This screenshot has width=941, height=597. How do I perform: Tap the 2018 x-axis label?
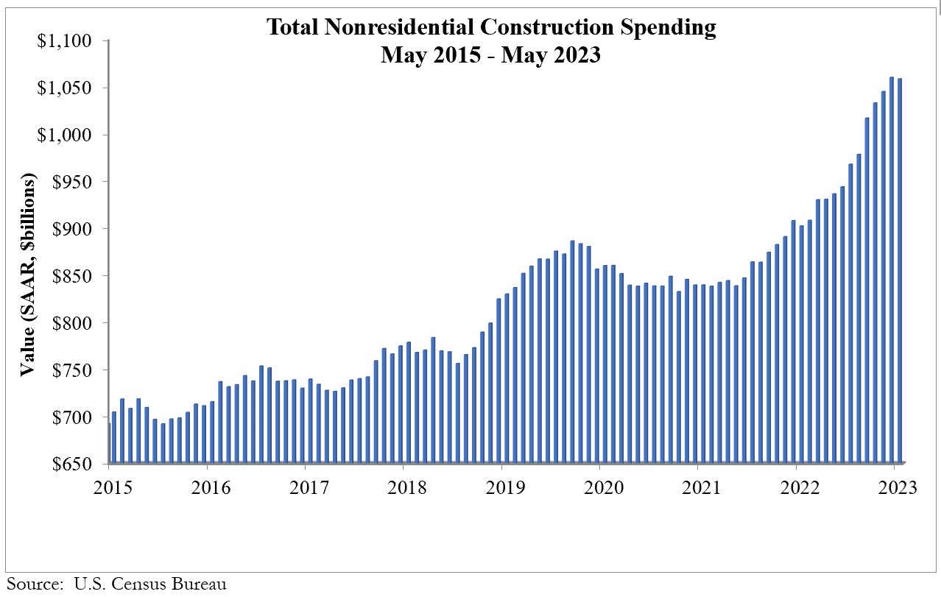[x=403, y=487]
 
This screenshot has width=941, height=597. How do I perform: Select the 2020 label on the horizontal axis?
[x=599, y=487]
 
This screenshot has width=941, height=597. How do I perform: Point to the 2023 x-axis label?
[x=894, y=487]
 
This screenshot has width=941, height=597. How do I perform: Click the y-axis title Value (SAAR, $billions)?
[x=28, y=275]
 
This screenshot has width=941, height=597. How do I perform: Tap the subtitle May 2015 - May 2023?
[x=490, y=55]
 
